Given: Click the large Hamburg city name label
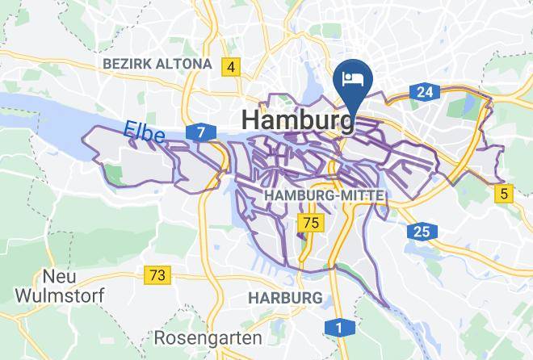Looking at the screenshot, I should click(297, 119).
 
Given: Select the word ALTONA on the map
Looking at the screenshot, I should click(185, 64).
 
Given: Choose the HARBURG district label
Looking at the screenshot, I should click(284, 298).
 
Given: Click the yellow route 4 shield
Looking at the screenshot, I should click(232, 67).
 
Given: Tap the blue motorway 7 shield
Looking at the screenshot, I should click(199, 131).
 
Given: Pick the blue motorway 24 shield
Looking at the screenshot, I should click(425, 92).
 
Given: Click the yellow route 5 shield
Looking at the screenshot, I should click(505, 193).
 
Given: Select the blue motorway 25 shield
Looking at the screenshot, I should click(422, 232).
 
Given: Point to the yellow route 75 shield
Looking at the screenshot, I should click(309, 222).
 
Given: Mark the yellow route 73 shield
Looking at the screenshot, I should click(158, 275).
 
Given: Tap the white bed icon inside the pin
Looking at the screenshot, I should click(352, 78).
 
